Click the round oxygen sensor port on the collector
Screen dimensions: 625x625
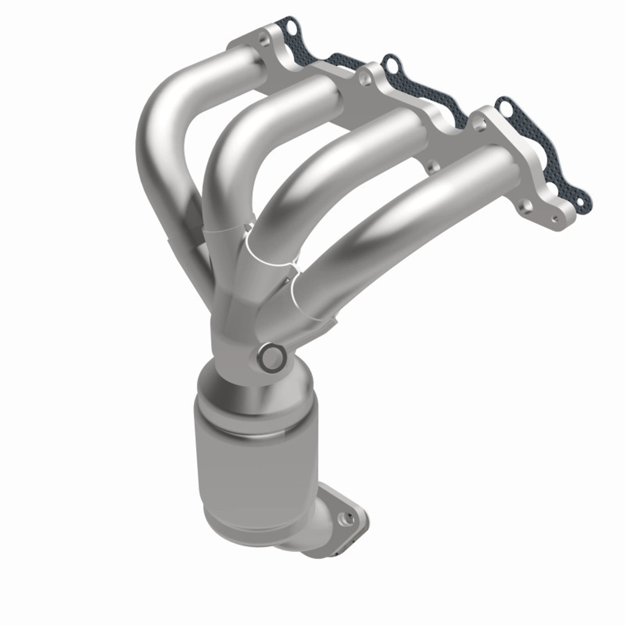pos(271,358)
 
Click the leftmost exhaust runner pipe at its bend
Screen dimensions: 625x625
pos(161,112)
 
